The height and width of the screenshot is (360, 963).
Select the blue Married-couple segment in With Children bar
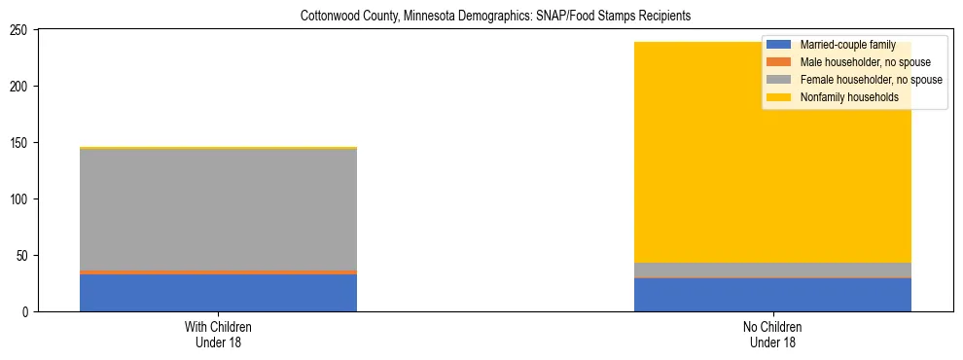(218, 293)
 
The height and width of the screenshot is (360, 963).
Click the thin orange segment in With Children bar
(218, 272)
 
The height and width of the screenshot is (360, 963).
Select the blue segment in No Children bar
(772, 295)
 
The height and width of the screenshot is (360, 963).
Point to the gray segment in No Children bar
(772, 270)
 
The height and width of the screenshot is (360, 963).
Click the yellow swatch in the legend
(779, 97)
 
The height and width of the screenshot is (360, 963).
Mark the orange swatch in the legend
(779, 62)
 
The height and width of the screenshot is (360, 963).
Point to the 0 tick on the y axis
(26, 312)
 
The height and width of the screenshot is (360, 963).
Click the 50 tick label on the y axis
(23, 256)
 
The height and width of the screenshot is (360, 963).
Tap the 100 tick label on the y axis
(20, 199)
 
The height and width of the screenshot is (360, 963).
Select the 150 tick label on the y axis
(20, 143)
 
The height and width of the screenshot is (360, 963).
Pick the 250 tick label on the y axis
(20, 30)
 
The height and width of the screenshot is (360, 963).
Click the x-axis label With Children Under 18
(218, 335)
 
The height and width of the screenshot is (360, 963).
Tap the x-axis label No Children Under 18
(772, 335)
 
